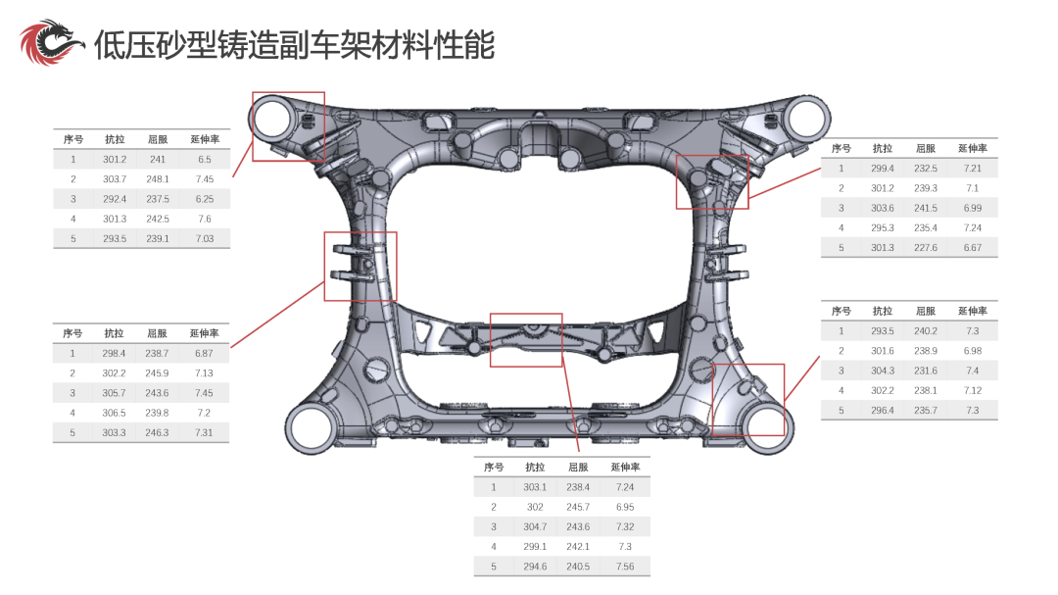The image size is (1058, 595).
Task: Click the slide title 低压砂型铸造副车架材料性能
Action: pyautogui.click(x=294, y=44)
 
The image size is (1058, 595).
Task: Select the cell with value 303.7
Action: pyautogui.click(x=115, y=179)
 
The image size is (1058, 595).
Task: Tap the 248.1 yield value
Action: pyautogui.click(x=157, y=179)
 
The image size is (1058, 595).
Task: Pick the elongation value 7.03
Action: pyautogui.click(x=205, y=238)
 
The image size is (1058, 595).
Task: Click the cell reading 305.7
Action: pyautogui.click(x=114, y=393)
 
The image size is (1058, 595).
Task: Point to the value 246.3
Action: pyautogui.click(x=157, y=432)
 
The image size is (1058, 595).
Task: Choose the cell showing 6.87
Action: pyautogui.click(x=204, y=353)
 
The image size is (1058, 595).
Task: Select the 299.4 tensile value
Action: pyautogui.click(x=882, y=169)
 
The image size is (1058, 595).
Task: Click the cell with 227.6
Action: pyautogui.click(x=925, y=248)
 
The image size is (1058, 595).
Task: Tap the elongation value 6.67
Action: pyautogui.click(x=973, y=248)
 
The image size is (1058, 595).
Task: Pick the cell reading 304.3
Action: pyautogui.click(x=882, y=371)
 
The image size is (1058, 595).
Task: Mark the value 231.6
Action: pyautogui.click(x=925, y=371)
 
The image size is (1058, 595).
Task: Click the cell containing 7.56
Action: pyautogui.click(x=625, y=567)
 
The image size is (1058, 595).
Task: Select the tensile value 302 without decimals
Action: pyautogui.click(x=535, y=507)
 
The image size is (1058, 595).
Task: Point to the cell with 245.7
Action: pyautogui.click(x=578, y=507)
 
